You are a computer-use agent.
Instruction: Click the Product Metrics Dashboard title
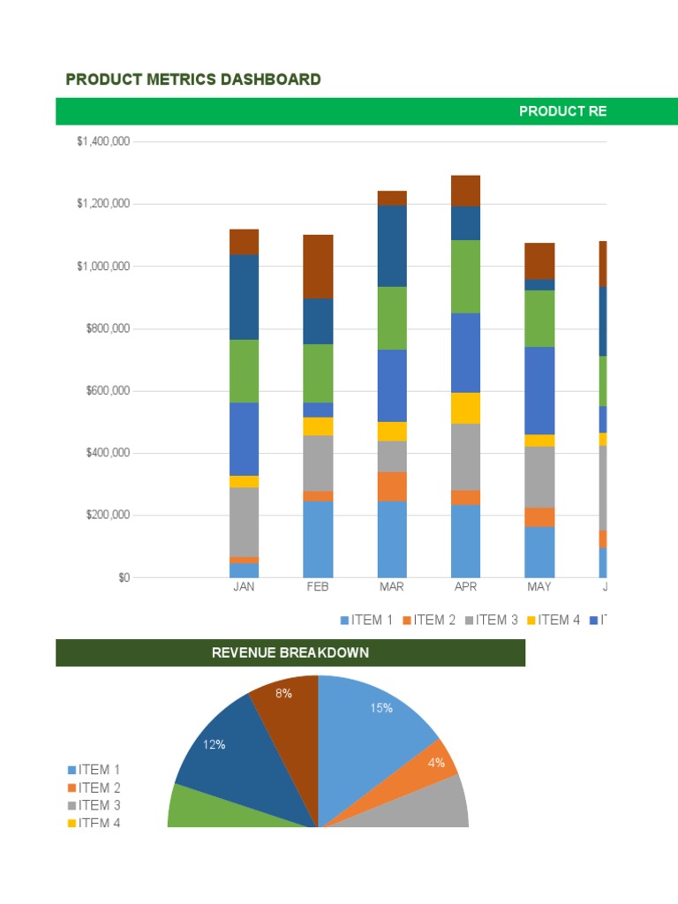click(x=193, y=79)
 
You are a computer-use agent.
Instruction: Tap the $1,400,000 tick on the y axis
click(x=103, y=141)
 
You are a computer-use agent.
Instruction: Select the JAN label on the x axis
click(x=244, y=587)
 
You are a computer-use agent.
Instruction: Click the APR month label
click(x=465, y=587)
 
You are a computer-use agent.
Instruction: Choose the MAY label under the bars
click(x=539, y=587)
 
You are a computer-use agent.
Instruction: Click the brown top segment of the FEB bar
click(x=318, y=266)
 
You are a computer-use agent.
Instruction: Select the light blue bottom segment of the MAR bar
click(x=391, y=539)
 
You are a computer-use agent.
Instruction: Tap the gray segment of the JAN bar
click(x=244, y=521)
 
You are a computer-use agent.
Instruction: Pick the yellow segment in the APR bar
click(x=465, y=408)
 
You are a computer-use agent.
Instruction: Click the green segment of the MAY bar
click(x=539, y=318)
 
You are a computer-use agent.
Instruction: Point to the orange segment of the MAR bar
click(x=391, y=486)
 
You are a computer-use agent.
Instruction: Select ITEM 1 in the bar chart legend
click(x=366, y=620)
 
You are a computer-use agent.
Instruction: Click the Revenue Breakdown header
click(x=290, y=653)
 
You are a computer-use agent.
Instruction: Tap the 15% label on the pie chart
click(x=381, y=708)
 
